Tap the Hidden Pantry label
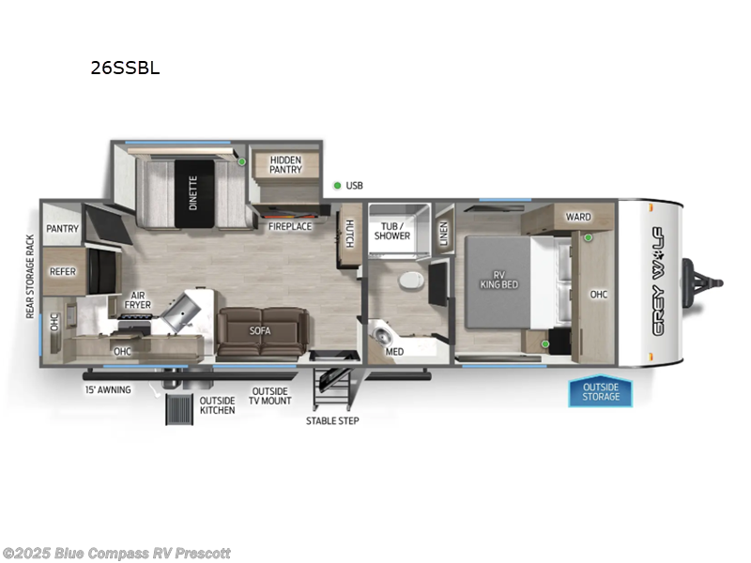point(285,164)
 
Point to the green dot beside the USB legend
point(337,186)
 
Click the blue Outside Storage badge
point(600,391)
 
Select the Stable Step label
point(332,420)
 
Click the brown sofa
point(260,330)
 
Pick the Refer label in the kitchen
point(63,272)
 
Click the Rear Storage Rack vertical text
point(30,277)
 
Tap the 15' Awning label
point(108,389)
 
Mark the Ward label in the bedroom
point(578,217)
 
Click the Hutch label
point(348,234)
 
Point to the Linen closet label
point(443,233)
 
